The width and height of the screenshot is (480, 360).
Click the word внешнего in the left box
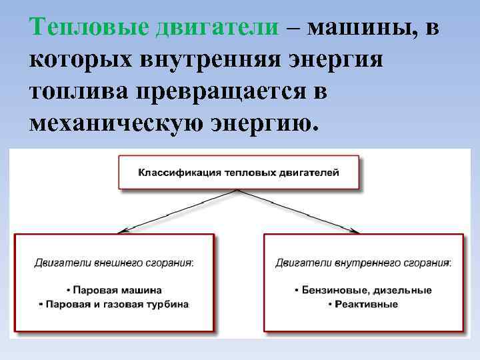click(x=106, y=263)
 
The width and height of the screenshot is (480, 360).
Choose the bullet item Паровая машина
click(x=115, y=291)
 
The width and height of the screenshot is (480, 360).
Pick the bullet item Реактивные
click(x=363, y=304)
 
